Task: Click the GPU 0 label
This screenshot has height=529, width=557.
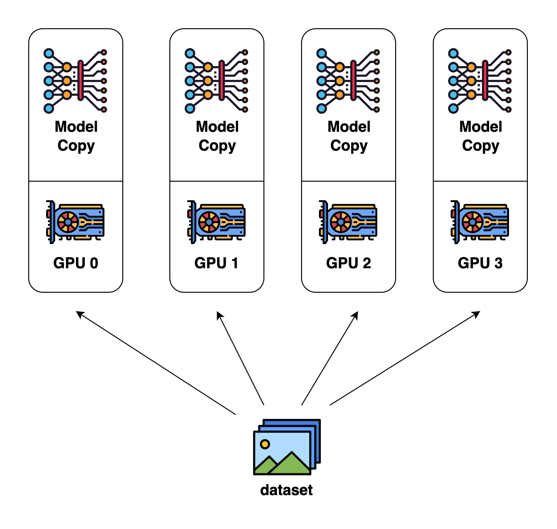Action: pos(76,263)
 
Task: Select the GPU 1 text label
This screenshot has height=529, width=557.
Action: pos(216,263)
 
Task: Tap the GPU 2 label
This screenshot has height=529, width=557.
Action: pos(348,263)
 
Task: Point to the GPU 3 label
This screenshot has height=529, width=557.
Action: pos(480,263)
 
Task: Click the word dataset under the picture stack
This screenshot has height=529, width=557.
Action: pos(286,490)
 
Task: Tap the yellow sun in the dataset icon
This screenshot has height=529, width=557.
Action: pos(265,444)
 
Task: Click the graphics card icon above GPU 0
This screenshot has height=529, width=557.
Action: pos(75,222)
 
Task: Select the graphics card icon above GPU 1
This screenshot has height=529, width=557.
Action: pos(216,222)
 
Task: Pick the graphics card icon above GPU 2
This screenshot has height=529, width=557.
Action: pos(348,222)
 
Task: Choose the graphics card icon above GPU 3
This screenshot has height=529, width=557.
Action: pos(480,222)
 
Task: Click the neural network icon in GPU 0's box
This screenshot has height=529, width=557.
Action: pos(75,81)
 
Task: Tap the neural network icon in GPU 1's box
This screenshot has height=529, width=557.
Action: pos(216,81)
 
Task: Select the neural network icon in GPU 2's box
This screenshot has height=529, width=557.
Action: pos(348,81)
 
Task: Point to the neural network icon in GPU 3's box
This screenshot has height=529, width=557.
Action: pos(480,81)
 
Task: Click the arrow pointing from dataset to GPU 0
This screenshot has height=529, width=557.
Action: pos(156,363)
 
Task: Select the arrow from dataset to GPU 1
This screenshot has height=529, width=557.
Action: pos(240,358)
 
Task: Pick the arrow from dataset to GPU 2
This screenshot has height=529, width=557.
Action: pos(330,358)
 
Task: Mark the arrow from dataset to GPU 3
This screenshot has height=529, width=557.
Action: pos(405,358)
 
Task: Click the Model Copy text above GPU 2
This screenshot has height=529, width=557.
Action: pos(349,136)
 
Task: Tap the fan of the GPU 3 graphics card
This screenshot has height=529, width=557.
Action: pos(472,222)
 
